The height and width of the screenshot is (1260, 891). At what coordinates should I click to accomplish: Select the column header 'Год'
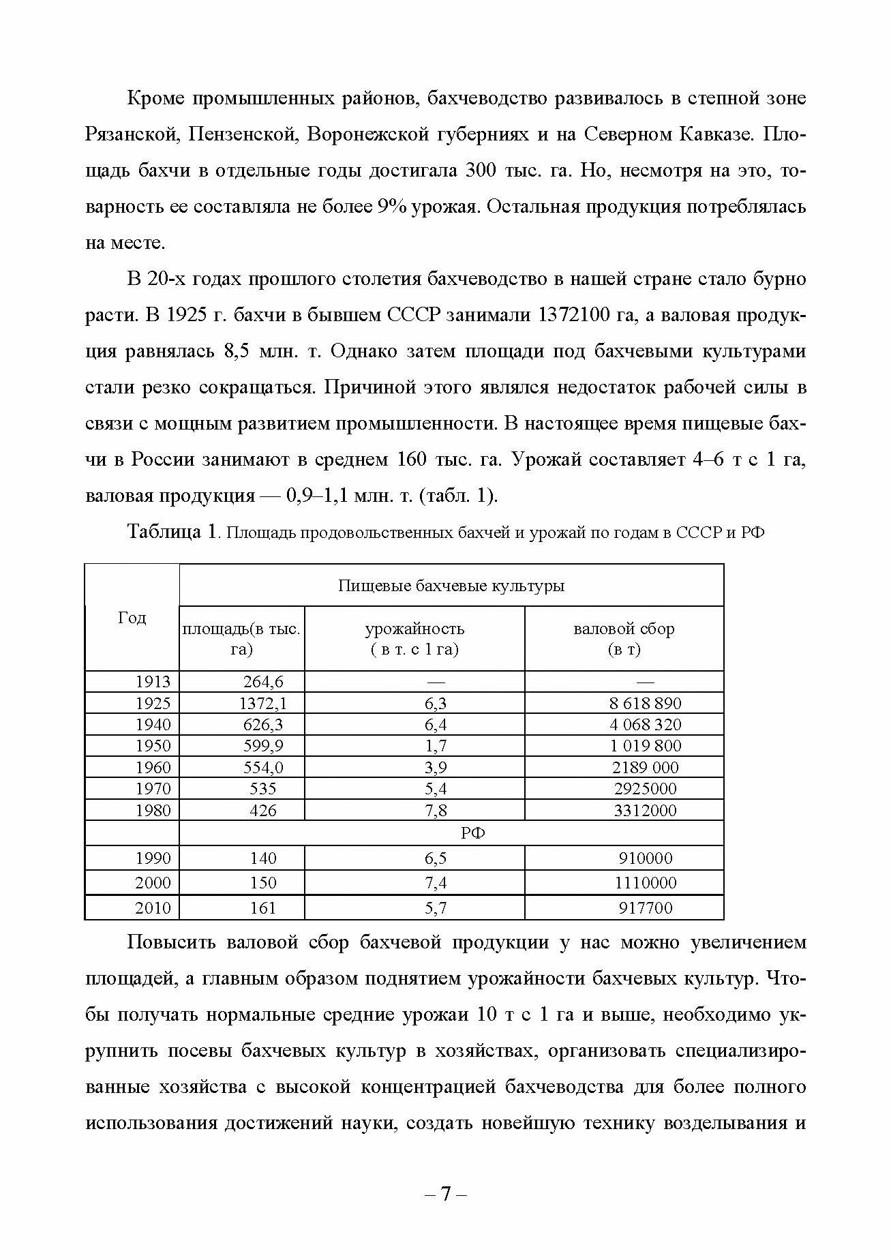coord(132,618)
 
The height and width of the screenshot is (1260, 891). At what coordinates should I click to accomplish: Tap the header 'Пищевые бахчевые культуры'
coord(451,586)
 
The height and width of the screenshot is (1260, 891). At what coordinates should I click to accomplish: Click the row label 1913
coord(153,681)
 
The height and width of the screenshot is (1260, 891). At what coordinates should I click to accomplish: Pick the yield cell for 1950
coord(436,746)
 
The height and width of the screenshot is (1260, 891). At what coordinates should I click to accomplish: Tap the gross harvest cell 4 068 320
coord(645,724)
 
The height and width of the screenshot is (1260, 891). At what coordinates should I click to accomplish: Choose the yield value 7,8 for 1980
coord(436,810)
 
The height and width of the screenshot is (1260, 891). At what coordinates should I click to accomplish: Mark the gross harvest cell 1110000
coord(645,883)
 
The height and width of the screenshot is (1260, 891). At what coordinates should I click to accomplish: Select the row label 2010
coord(153,907)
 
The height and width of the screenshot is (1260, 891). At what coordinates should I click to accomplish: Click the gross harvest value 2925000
coord(645,789)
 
